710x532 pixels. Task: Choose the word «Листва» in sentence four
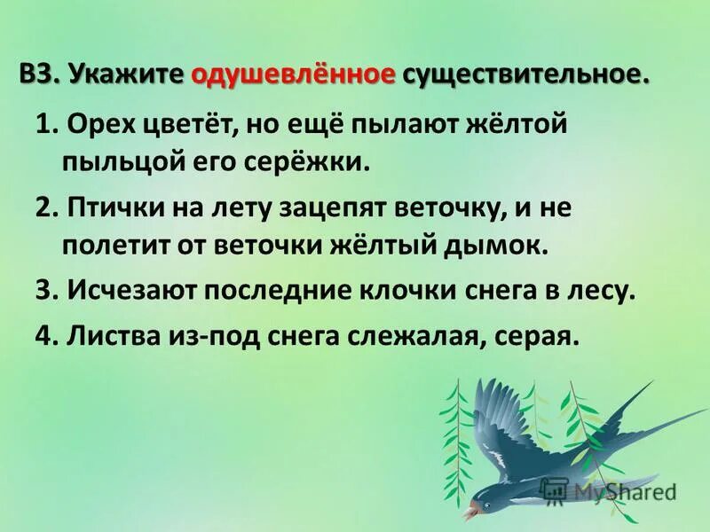(98, 338)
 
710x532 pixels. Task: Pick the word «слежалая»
(417, 338)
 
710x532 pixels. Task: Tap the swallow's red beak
(468, 512)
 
